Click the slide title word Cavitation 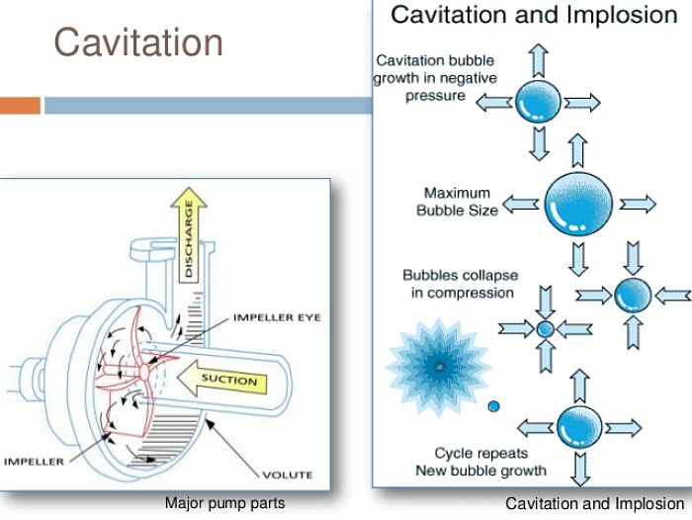138,43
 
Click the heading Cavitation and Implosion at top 534,15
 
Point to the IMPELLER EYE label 277,317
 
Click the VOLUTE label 288,475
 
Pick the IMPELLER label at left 34,461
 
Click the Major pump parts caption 224,503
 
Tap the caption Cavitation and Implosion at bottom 594,504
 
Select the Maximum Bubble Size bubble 578,204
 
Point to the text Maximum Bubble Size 458,202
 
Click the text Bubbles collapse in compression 458,284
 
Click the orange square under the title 20,105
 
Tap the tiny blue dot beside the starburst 494,405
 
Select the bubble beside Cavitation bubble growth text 539,100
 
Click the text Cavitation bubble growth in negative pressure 437,78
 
